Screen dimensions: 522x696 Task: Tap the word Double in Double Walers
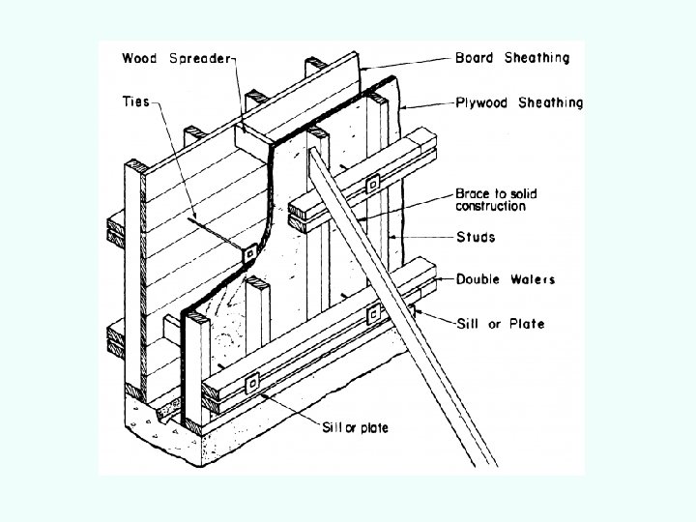point(480,279)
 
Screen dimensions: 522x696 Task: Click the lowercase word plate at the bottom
point(371,427)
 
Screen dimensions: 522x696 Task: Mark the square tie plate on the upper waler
point(372,183)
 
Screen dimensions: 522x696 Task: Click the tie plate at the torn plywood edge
point(249,254)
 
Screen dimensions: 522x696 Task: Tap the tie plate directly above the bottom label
point(253,385)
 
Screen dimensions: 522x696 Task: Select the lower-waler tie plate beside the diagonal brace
point(372,315)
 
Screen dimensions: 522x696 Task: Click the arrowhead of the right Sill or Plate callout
point(414,311)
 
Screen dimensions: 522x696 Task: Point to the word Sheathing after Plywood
point(550,102)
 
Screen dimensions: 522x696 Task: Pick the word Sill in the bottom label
point(333,427)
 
